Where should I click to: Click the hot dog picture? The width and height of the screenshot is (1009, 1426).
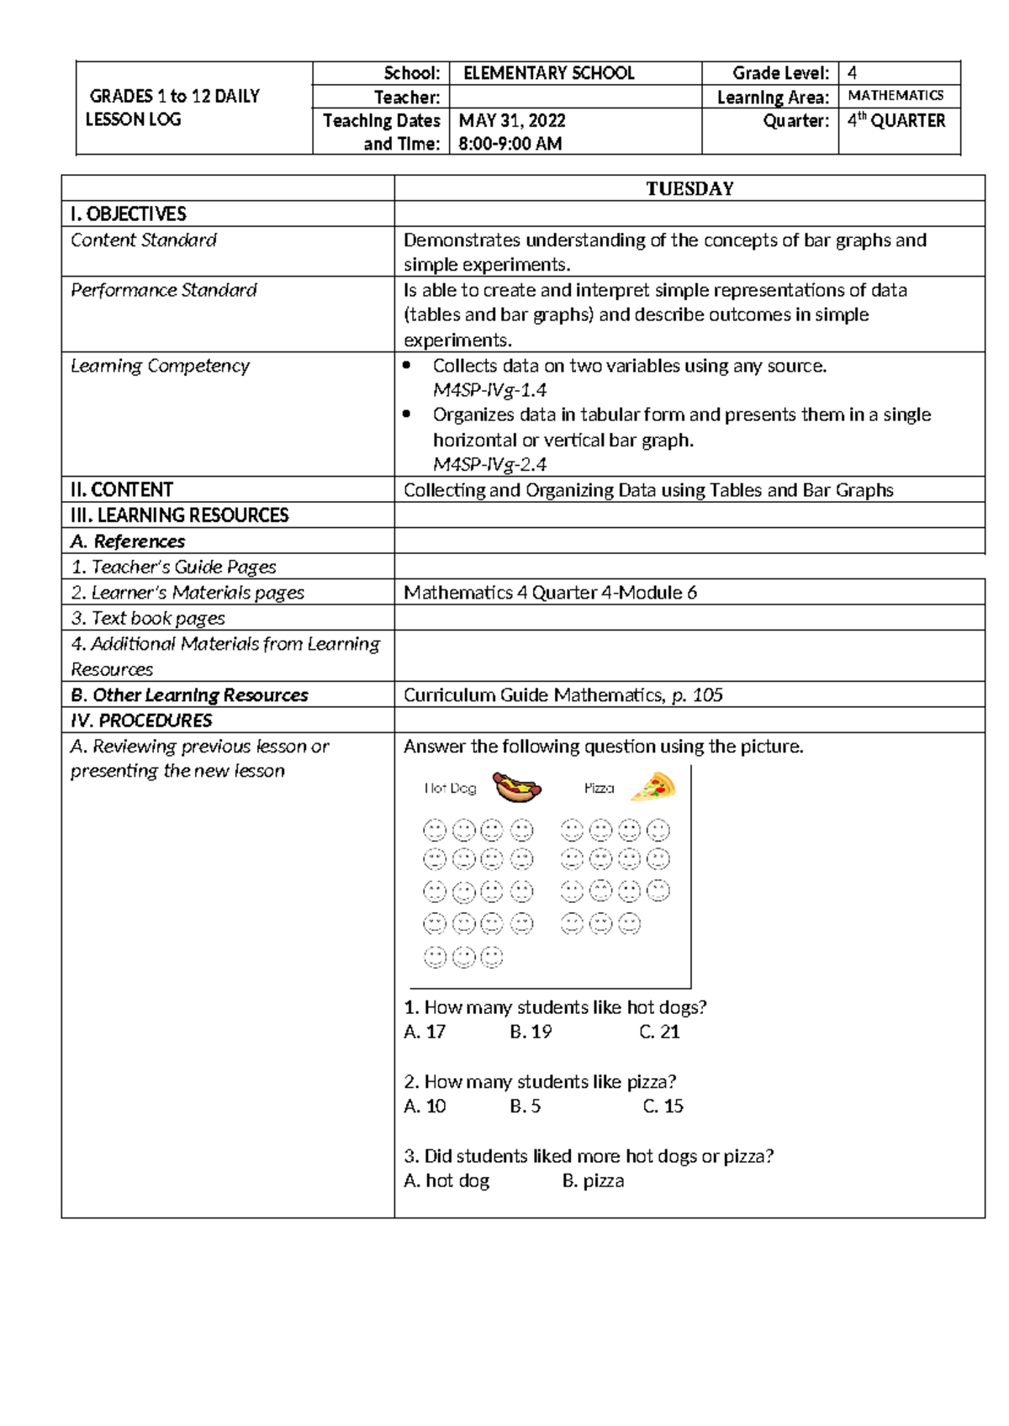coord(516,787)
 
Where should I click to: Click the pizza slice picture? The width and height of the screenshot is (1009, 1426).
coord(655,787)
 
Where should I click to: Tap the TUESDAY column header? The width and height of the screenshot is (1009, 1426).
coord(689,188)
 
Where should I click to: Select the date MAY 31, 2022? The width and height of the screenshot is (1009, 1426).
coord(512,121)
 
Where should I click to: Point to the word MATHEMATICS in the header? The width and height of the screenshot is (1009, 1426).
coord(895,96)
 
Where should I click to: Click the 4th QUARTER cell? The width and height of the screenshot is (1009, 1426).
coord(896,121)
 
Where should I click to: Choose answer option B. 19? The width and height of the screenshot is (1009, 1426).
coord(531,1032)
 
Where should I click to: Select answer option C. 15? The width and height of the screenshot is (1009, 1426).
coord(663,1106)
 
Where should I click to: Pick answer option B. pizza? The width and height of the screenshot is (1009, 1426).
coord(593,1180)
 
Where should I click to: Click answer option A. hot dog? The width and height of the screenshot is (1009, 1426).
coord(446,1180)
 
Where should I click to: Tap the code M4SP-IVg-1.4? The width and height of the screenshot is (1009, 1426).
coord(489,390)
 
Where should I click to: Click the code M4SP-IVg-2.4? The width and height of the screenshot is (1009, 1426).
coord(489,464)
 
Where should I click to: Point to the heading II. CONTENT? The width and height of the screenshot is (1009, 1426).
coord(122,489)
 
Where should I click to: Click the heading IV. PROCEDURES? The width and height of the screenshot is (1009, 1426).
coord(141,721)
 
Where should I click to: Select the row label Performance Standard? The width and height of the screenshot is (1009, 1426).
coord(164,290)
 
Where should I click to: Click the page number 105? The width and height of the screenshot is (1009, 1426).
coord(708,695)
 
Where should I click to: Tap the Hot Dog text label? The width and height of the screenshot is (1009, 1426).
coord(450,789)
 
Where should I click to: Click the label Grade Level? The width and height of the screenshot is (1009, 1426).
coord(780,73)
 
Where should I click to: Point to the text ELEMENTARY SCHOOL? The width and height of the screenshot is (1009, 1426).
coord(549,73)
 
